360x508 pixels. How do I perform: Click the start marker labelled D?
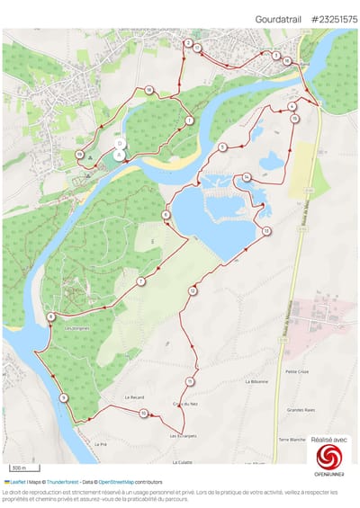coord(120,144)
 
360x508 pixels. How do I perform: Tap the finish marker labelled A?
coord(120,155)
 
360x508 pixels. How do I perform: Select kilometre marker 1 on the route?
coord(190,120)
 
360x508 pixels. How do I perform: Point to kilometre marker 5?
coord(222,147)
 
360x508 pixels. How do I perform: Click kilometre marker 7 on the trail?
coord(140,282)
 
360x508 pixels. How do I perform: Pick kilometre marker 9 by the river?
coord(63,398)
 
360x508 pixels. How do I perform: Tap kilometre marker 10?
coord(144,414)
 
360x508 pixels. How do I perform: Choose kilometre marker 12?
coord(193,291)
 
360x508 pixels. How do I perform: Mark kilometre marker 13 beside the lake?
coord(267,232)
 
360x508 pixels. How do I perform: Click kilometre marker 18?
coord(149,90)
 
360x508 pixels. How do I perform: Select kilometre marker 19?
coord(81,155)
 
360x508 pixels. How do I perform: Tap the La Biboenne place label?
coord(256,381)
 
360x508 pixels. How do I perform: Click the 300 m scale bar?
coord(19,468)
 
